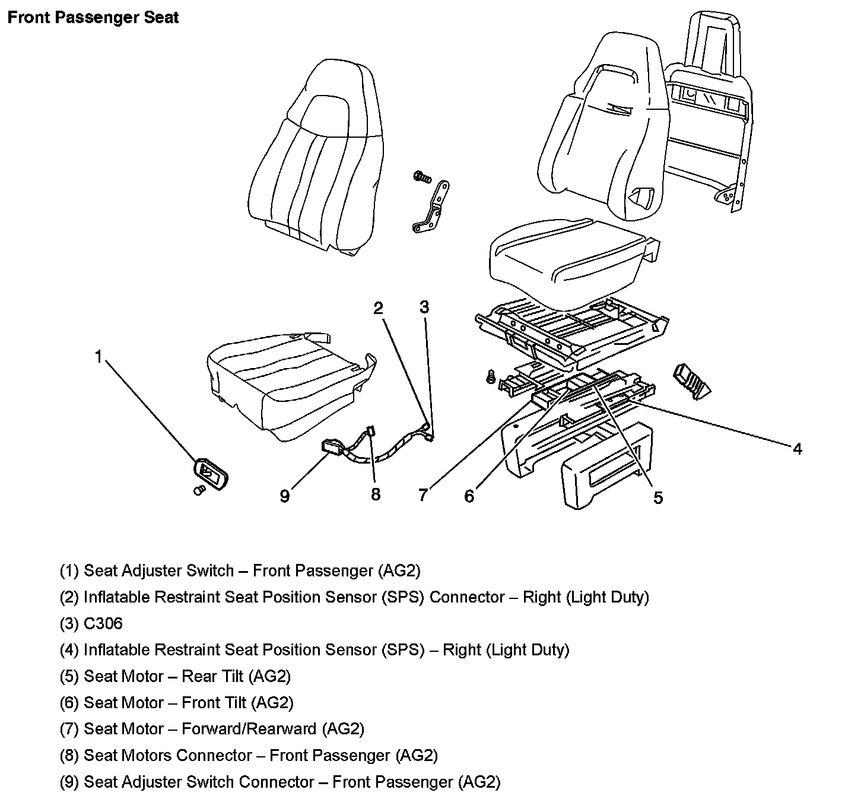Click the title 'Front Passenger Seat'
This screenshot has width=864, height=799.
tap(93, 17)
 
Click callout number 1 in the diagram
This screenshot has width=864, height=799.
tap(99, 356)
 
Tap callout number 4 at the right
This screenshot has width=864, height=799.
tap(798, 449)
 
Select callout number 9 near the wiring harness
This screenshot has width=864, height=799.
tap(285, 495)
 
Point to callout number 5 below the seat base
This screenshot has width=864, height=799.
tap(658, 497)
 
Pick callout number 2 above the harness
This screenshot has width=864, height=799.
tap(378, 307)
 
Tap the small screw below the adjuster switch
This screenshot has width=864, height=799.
tap(199, 490)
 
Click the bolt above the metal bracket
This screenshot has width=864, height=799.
tap(421, 176)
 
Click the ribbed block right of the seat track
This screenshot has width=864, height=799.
tap(691, 381)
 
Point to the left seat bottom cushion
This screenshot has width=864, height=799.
tap(291, 386)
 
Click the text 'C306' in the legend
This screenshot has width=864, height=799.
tap(103, 623)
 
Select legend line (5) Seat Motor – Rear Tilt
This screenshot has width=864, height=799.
tap(176, 676)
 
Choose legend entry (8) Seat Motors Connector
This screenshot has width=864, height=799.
tap(249, 755)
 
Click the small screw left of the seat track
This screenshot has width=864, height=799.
tap(490, 376)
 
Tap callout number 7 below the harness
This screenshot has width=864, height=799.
tap(423, 494)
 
